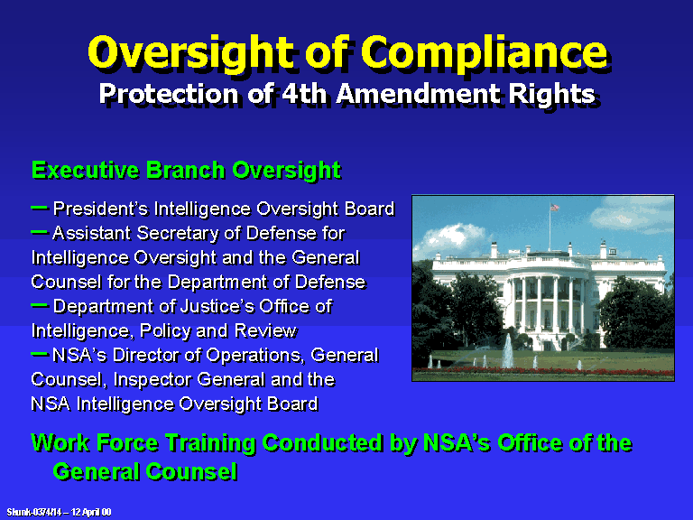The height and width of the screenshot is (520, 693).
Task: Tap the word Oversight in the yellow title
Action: [191, 53]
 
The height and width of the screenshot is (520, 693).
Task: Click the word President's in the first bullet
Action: [100, 209]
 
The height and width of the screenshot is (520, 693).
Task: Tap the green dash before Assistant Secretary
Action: [40, 232]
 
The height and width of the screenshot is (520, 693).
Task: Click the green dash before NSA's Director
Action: [40, 354]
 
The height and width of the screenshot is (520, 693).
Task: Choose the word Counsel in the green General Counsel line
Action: [191, 471]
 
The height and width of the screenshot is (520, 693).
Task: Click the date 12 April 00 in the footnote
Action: [91, 512]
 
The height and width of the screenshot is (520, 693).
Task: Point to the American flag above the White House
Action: [554, 207]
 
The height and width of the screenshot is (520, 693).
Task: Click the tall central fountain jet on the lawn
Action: [508, 350]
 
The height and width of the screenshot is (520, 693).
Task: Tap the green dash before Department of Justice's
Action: [40, 304]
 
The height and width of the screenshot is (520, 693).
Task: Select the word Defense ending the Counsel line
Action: [330, 282]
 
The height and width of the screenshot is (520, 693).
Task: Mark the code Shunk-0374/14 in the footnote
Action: [34, 512]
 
